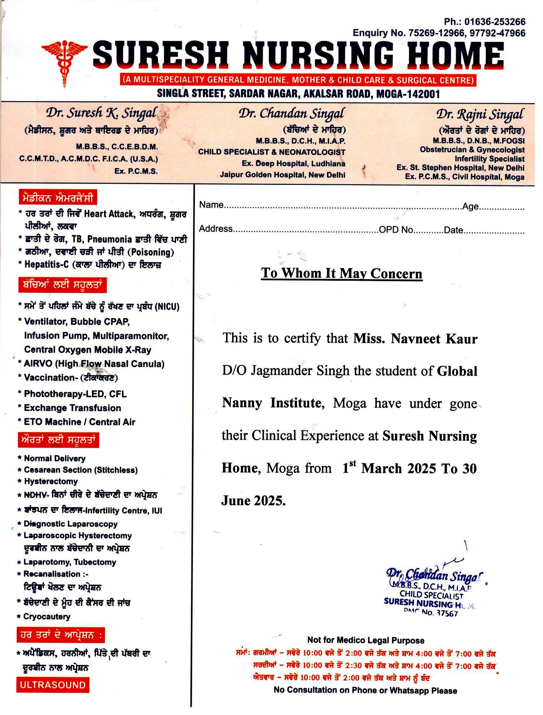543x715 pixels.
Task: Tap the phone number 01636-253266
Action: pos(495,22)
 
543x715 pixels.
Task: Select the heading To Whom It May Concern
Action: pos(341,273)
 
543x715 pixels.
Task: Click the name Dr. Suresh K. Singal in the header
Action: pos(101,113)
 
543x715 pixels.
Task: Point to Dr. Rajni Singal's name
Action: pos(480,114)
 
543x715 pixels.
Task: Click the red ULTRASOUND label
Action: pos(53,685)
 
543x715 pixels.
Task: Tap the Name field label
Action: pos(211,205)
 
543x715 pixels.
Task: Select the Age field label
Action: pos(470,207)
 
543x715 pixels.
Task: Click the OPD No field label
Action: pos(396,230)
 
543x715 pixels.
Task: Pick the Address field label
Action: pos(216,229)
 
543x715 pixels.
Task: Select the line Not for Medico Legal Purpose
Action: pos(365,640)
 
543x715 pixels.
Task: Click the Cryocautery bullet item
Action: pos(47,617)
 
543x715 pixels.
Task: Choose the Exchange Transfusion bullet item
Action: pos(73,408)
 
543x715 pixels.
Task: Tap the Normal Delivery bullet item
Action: pos(55,458)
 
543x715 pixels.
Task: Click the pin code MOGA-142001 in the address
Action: pos(408,94)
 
